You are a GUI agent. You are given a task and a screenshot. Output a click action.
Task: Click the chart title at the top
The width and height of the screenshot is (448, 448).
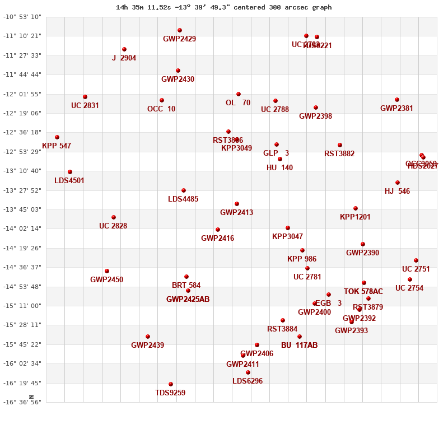point(223,7)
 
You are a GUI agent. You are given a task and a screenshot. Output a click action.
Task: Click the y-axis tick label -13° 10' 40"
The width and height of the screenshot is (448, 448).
point(22,171)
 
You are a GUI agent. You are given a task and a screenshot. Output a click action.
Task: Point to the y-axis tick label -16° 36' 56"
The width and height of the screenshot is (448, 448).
point(22,402)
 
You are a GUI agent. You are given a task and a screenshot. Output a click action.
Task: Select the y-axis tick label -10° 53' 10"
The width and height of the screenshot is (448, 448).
point(22,17)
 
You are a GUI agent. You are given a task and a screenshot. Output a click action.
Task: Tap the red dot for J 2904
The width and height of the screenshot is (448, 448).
point(124,49)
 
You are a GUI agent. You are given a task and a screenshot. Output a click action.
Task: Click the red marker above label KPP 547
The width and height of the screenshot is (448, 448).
point(57,137)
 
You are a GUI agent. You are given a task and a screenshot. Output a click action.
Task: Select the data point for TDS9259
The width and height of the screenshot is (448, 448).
point(171,384)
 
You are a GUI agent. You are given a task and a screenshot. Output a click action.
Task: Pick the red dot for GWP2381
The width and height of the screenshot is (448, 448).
point(397,100)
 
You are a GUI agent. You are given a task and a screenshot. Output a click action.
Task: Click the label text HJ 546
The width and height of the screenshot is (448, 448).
point(397,191)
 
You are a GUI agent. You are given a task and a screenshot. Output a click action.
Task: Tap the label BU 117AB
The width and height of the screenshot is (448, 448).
point(299,346)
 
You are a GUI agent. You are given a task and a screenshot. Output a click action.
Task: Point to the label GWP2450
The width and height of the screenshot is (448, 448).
point(106,280)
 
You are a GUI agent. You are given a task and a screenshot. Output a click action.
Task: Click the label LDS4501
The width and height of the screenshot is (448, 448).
point(69,181)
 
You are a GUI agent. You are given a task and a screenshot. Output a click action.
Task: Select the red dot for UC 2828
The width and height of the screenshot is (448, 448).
point(114,217)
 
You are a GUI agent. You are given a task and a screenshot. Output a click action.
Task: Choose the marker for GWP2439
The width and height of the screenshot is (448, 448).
point(148,337)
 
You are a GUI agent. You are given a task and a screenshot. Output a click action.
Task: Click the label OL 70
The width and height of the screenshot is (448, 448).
point(238,103)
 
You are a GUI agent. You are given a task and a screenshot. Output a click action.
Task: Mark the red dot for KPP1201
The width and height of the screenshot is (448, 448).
point(356,208)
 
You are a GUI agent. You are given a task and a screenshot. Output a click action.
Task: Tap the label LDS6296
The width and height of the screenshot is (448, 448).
point(248,381)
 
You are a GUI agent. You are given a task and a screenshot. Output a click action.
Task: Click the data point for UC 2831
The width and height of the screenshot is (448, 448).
point(85,97)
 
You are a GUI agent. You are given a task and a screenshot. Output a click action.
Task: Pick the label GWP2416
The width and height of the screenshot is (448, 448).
point(217,239)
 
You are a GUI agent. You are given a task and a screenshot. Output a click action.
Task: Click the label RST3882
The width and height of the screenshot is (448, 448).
point(339,154)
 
